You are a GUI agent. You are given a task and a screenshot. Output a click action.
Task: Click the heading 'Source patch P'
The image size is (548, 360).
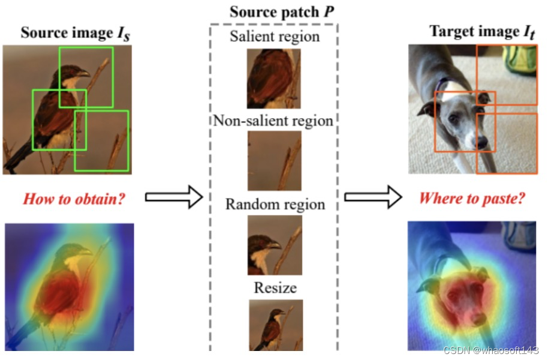tap(273, 12)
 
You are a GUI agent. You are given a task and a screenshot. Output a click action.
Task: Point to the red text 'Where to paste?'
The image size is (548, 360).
tap(472, 199)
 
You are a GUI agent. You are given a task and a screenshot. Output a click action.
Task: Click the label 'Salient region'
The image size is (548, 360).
tap(275, 37)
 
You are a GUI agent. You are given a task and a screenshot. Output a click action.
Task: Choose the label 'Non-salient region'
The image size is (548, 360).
tap(273, 121)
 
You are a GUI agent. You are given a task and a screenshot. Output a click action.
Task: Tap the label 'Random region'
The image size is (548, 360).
tap(275, 204)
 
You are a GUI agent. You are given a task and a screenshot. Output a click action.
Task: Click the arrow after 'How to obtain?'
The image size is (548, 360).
tap(174, 197)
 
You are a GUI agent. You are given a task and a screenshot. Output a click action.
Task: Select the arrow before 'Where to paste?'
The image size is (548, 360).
tap(373, 197)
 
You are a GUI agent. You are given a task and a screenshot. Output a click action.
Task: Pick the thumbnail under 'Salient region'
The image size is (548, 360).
tap(273, 78)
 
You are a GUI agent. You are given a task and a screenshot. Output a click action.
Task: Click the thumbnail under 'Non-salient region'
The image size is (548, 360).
tap(274, 161)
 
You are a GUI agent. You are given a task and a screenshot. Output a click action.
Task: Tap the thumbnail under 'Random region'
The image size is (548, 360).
tap(275, 245)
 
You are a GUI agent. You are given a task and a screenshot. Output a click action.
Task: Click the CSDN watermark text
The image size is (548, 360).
tap(490, 350)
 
